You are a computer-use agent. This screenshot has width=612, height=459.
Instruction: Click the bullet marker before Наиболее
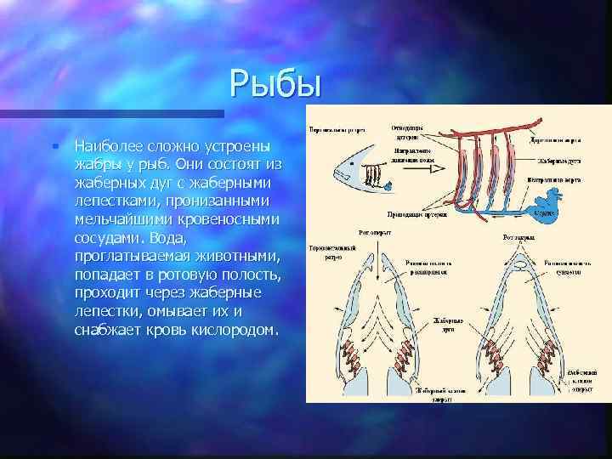54,145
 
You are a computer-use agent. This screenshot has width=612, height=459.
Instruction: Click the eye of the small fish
351,163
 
